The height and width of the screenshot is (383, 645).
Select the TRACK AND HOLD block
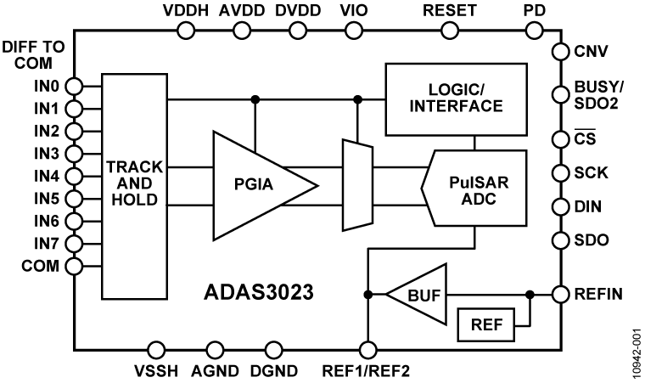tap(134, 185)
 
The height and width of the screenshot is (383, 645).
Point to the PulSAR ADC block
tap(475, 185)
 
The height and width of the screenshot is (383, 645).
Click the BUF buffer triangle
tap(416, 295)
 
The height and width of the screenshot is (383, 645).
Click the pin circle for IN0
tap(75, 87)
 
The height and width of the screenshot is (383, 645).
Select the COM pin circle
tap(75, 265)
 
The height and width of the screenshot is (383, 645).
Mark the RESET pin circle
tap(448, 31)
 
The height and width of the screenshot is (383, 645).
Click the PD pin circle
tap(535, 31)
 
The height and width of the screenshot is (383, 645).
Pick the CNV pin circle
tap(560, 53)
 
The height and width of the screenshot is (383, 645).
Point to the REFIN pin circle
tap(560, 295)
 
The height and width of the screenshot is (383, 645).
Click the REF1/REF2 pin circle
tap(367, 349)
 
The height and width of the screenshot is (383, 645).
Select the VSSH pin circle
tap(156, 349)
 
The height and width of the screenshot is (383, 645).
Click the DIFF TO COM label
tap(34, 54)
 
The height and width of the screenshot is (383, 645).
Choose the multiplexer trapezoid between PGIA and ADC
tap(356, 185)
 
